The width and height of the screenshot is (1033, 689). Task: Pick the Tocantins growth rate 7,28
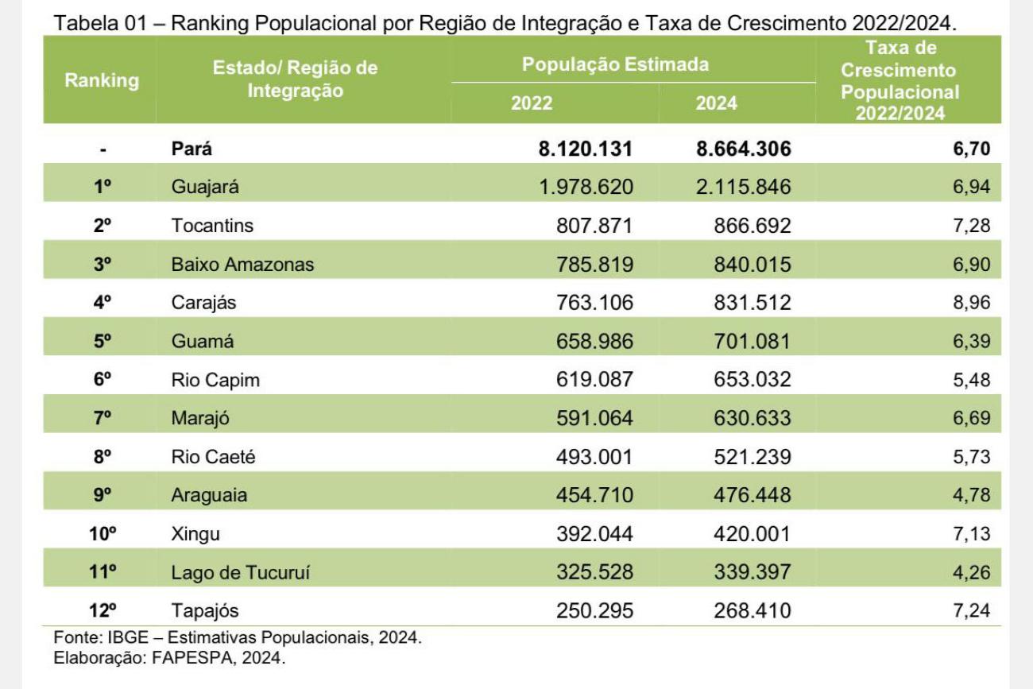[x=971, y=226]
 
